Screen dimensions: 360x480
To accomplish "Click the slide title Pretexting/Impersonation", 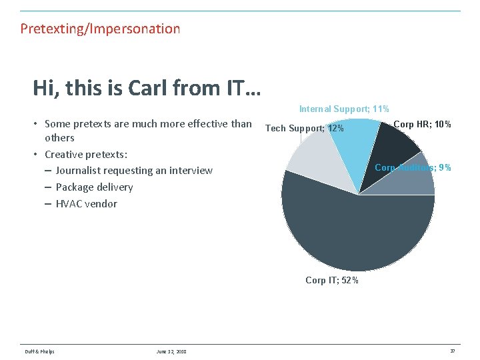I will pos(100,29).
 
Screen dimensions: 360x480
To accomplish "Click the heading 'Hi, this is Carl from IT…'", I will pos(147,87).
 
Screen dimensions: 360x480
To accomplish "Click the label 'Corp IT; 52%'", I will pos(332,280).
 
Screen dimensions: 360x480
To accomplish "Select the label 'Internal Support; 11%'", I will pos(344,109).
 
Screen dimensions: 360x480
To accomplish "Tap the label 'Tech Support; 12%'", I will pos(305,128).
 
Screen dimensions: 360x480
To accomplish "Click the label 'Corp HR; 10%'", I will pos(422,124).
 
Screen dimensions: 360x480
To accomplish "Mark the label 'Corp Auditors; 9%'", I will pos(413,167).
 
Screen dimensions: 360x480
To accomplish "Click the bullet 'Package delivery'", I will pos(94,187).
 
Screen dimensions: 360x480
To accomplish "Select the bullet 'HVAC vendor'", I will pos(86,204).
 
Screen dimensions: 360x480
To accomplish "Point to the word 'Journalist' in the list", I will pos(78,171).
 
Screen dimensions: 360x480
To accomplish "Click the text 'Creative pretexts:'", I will pos(86,154).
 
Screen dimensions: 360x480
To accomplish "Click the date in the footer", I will pos(171,352).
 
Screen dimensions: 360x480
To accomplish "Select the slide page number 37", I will pos(453,351).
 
